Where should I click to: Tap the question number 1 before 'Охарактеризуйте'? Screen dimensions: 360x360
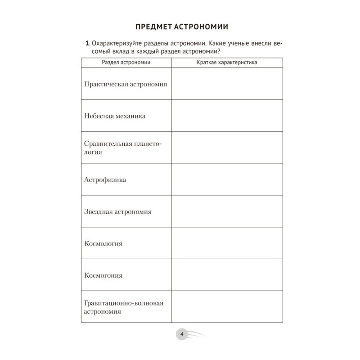87,43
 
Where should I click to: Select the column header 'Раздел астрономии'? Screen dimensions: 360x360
126,62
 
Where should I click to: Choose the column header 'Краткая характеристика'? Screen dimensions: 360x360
227,62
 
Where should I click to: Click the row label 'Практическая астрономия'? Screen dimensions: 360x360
126,84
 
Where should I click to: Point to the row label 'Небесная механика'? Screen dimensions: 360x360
115,116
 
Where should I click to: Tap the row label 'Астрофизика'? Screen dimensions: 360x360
105,180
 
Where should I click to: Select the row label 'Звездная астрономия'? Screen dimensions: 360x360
118,211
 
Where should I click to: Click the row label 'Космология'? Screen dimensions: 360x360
103,243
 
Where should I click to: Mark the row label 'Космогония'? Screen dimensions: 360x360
103,275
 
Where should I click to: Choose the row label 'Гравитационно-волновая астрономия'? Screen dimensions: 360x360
123,307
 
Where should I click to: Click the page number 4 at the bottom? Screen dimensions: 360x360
181,334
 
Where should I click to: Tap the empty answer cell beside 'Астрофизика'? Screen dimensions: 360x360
227,180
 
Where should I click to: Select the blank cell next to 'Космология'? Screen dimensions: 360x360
227,243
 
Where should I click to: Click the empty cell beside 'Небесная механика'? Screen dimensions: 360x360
227,116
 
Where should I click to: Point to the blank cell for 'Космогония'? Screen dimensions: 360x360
227,275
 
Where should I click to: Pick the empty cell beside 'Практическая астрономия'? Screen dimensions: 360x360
227,84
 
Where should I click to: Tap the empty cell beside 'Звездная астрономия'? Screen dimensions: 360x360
227,211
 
